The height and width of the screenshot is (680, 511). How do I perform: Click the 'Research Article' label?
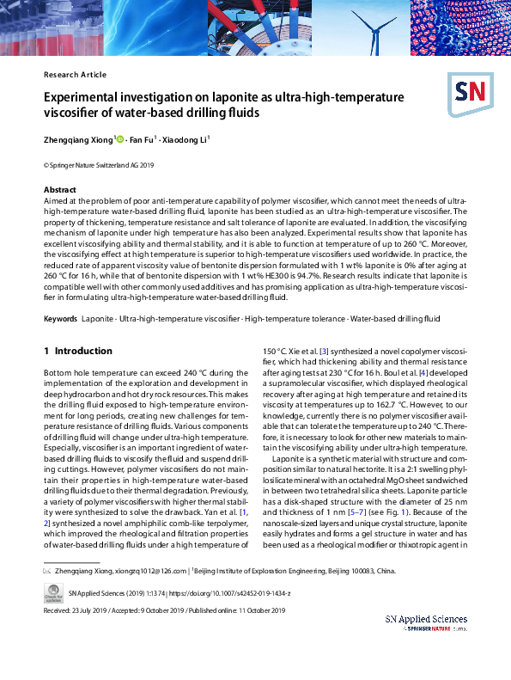pyautogui.click(x=75, y=75)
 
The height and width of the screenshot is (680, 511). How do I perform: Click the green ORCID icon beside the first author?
pyautogui.click(x=119, y=138)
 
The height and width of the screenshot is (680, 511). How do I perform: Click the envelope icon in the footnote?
pyautogui.click(x=47, y=570)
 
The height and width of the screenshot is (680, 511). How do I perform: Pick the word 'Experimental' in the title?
pyautogui.click(x=84, y=98)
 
